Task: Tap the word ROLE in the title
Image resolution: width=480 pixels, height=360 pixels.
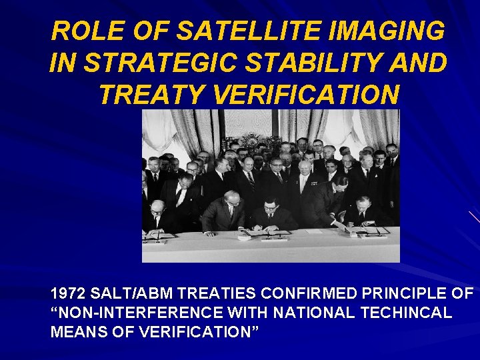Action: point(79,31)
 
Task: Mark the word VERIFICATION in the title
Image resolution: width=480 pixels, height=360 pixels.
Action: point(308,95)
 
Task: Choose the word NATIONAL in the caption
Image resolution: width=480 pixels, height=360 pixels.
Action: point(321,313)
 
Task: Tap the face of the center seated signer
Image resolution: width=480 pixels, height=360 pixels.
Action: point(270,206)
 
